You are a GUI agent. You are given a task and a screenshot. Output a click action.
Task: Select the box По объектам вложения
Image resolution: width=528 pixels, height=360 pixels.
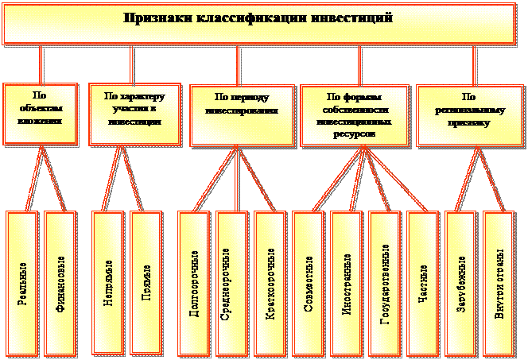point(41,111)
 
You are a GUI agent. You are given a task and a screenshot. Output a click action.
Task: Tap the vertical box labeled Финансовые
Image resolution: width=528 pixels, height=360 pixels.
point(60,281)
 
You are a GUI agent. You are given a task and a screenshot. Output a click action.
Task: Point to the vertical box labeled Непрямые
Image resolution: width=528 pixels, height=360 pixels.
point(108,281)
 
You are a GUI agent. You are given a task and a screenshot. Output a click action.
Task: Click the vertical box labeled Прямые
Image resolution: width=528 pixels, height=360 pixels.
point(147,281)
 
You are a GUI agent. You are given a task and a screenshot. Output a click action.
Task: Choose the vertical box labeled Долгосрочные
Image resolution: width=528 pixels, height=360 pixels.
point(195,281)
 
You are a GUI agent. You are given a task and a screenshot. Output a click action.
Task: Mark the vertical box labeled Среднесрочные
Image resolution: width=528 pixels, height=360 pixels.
point(233,281)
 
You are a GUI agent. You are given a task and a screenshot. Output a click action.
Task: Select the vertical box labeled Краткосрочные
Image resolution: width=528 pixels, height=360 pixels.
point(270,281)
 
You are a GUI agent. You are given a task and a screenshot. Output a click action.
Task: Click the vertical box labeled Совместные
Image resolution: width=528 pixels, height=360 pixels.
point(309,281)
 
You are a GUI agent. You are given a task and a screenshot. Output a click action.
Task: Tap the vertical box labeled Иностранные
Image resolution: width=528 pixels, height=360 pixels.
point(347,281)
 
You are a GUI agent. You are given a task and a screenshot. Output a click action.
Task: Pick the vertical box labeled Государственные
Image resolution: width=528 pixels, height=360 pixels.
point(385,281)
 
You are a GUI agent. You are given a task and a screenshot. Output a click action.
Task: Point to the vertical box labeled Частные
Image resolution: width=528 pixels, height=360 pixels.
point(422,281)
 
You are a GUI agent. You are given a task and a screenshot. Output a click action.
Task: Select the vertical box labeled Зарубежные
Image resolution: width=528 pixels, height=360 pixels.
point(461,281)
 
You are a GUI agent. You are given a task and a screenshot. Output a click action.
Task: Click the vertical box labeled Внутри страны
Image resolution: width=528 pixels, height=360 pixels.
point(499,281)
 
